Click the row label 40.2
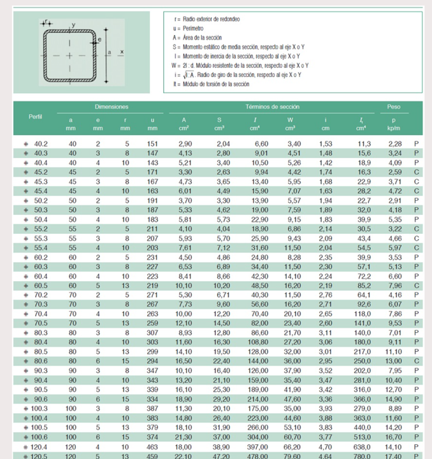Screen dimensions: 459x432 (40, 145)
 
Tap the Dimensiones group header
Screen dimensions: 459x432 (112, 106)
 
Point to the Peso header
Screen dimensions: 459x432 (394, 106)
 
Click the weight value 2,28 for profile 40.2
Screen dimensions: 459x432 (394, 145)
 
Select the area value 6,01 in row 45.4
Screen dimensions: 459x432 (184, 190)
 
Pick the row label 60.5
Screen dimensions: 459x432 (40, 286)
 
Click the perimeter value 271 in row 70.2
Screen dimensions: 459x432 (151, 296)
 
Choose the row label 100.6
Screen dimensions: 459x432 (39, 437)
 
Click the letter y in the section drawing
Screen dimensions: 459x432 (73, 25)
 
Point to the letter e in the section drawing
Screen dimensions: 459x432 (99, 40)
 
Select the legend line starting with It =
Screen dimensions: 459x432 (210, 84)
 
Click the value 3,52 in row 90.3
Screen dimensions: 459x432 (325, 370)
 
